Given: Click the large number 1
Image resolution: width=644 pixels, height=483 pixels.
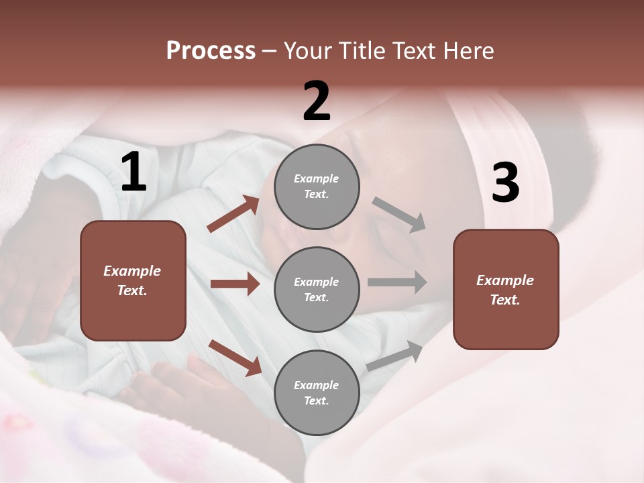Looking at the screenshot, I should coord(133,172).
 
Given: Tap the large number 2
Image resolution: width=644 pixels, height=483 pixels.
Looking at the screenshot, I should coord(317,101).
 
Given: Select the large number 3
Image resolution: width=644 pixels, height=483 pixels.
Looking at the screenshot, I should coord(505,183).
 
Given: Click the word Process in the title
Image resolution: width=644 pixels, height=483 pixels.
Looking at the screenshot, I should coord(211,50).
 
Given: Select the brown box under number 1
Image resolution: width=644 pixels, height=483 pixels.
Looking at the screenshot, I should coord(133,280).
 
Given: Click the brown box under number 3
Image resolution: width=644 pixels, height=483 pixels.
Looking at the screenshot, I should coord(506,290).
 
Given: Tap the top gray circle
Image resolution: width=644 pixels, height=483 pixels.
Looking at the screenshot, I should coord(317,186).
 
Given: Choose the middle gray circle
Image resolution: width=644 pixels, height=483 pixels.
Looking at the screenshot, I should coord(317,289).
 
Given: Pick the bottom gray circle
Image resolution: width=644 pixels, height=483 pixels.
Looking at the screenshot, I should coord(317,392).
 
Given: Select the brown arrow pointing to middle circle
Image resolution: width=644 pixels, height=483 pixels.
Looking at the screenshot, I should coord(235,284).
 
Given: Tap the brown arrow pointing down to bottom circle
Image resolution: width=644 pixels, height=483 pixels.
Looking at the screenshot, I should coord(235,357).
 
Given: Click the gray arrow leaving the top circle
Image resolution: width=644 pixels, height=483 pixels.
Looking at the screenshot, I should coord(399,214).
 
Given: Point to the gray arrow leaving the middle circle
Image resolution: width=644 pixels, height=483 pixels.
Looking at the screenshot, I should coord(397,282).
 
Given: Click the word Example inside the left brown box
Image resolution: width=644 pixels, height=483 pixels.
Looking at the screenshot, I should coord(132,271).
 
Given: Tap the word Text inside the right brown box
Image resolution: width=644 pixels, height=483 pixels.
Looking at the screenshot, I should coord(504,300).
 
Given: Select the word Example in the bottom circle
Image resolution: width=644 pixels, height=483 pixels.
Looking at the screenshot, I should coord(316,385).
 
